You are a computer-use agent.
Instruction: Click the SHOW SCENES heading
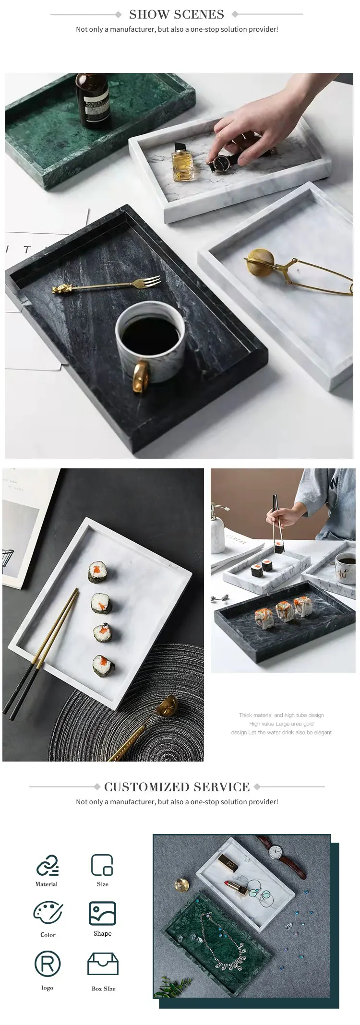point(176,14)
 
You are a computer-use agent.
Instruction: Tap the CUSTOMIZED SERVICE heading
point(177,787)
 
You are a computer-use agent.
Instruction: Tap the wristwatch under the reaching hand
point(221,164)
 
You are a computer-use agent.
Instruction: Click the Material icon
point(47,865)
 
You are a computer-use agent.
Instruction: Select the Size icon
point(102,865)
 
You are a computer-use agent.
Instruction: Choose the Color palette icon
point(48,913)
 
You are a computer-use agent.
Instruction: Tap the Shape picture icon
point(102,913)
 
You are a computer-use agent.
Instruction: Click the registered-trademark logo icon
point(48,963)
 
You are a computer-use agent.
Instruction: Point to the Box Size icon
point(103,964)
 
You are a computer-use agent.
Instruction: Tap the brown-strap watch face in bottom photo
point(275,851)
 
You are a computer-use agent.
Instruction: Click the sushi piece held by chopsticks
point(278,547)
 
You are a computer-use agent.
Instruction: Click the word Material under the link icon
point(47,884)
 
